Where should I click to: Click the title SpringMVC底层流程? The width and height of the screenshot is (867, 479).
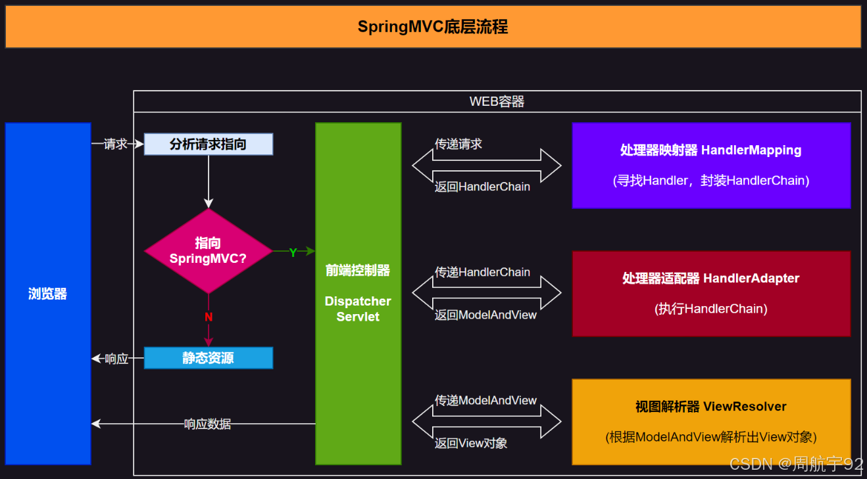[x=432, y=27]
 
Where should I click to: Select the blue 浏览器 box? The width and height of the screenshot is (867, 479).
[x=48, y=294]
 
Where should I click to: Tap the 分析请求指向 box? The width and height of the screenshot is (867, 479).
[x=208, y=144]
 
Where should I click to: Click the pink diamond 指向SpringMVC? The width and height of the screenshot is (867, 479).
[x=208, y=251]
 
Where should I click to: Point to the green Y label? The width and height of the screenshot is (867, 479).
[x=293, y=252]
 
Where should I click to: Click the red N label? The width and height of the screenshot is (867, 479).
[x=209, y=317]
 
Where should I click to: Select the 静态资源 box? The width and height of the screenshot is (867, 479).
[x=208, y=358]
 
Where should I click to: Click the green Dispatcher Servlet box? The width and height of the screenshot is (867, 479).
[x=358, y=294]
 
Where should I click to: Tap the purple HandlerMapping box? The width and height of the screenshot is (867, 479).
[x=710, y=165]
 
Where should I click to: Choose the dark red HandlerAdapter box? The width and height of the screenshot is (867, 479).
[x=710, y=293]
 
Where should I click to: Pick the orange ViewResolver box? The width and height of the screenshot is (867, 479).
[x=710, y=421]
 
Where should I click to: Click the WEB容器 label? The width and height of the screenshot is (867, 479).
[x=497, y=102]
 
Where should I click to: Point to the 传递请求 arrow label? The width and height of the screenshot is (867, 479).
[x=458, y=144]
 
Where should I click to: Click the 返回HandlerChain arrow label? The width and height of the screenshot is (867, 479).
[x=482, y=187]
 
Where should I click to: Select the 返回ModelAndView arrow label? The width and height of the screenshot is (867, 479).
[x=485, y=315]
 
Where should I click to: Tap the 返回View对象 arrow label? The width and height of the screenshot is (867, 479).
[x=471, y=444]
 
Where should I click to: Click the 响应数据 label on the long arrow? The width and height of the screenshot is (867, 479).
[x=207, y=424]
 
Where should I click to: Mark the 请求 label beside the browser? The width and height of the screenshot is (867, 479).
[x=116, y=144]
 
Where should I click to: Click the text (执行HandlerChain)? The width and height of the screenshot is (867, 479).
[x=710, y=309]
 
